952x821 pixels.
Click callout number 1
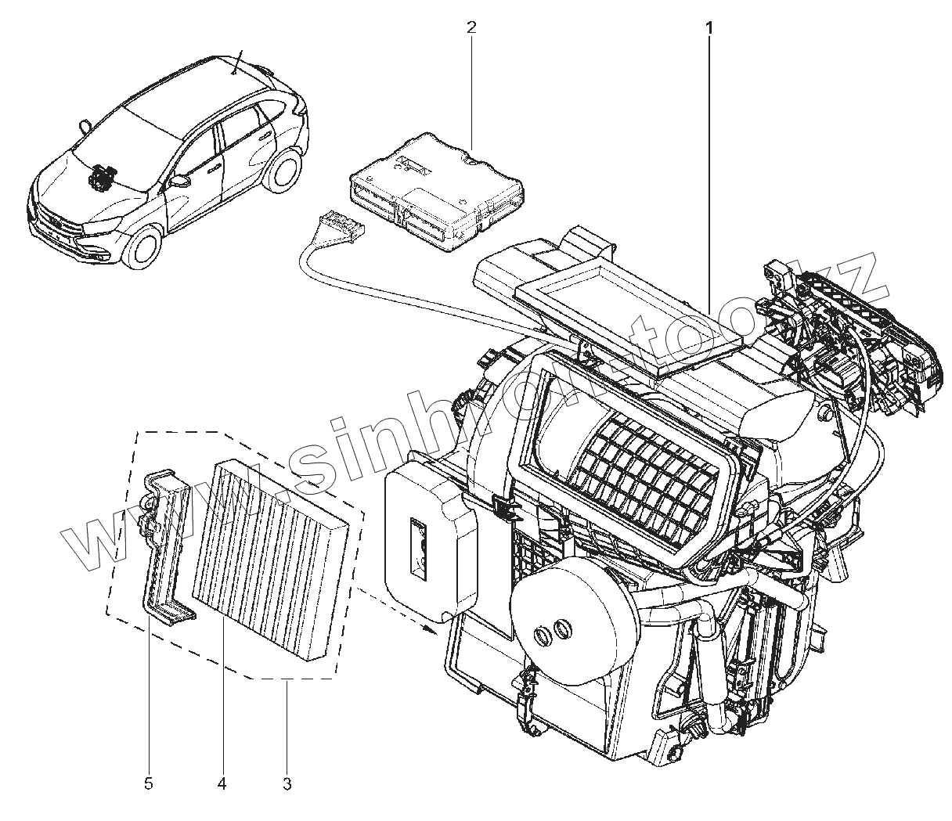click(709, 28)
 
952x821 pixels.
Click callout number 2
click(471, 28)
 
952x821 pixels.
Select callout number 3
click(287, 783)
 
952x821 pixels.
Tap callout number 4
click(222, 783)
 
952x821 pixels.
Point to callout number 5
click(150, 783)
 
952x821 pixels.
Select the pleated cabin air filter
click(270, 560)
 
